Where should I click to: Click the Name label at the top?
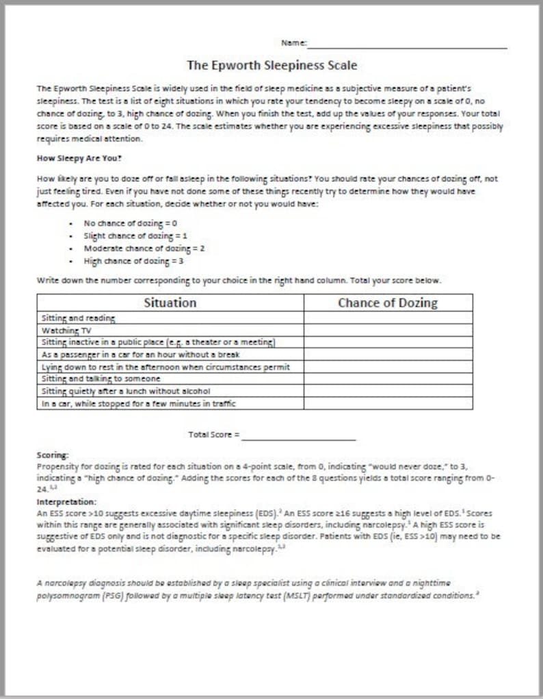[x=293, y=42]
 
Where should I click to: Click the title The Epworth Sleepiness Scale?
[x=271, y=66]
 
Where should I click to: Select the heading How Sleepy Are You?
[x=79, y=157]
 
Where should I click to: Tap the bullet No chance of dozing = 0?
[x=131, y=223]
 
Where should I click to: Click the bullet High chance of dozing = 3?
[x=133, y=260]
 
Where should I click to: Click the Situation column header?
[x=170, y=303]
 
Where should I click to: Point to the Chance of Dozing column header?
[x=388, y=303]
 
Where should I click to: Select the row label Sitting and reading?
[x=78, y=318]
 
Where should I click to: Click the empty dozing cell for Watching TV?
[x=388, y=330]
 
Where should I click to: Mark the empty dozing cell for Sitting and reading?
[x=388, y=318]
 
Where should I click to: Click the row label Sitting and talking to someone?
[x=101, y=379]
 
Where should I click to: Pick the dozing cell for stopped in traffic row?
[x=388, y=403]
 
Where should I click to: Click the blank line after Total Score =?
[x=299, y=434]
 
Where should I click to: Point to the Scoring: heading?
[x=53, y=455]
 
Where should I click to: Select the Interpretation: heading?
[x=66, y=502]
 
